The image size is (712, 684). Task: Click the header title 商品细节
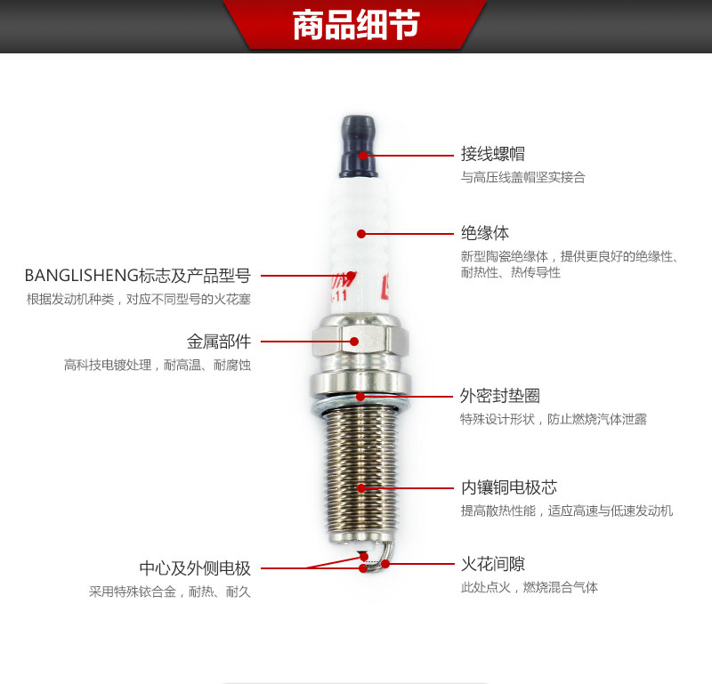(x=356, y=25)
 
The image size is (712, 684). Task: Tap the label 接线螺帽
(x=493, y=154)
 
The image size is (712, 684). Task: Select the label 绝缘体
(x=485, y=233)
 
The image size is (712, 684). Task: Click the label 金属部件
(x=219, y=342)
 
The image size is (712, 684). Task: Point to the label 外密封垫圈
(x=500, y=396)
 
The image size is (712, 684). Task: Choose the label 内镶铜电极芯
(x=509, y=487)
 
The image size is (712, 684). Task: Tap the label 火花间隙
(x=493, y=564)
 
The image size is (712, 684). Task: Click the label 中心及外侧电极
(x=195, y=567)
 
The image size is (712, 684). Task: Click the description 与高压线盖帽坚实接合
(x=523, y=177)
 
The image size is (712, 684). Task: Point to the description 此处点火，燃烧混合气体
(x=530, y=587)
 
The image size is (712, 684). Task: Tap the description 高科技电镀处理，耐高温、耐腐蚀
(x=158, y=365)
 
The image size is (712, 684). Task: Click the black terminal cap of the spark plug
(x=359, y=146)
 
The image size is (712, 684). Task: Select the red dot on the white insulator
(x=361, y=234)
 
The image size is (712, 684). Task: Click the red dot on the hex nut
(x=354, y=342)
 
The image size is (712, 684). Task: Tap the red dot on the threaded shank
(x=361, y=488)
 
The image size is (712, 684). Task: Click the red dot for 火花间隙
(x=385, y=564)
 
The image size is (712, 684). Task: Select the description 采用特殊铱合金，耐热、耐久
(x=170, y=591)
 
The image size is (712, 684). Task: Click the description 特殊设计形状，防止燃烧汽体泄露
(x=554, y=419)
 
